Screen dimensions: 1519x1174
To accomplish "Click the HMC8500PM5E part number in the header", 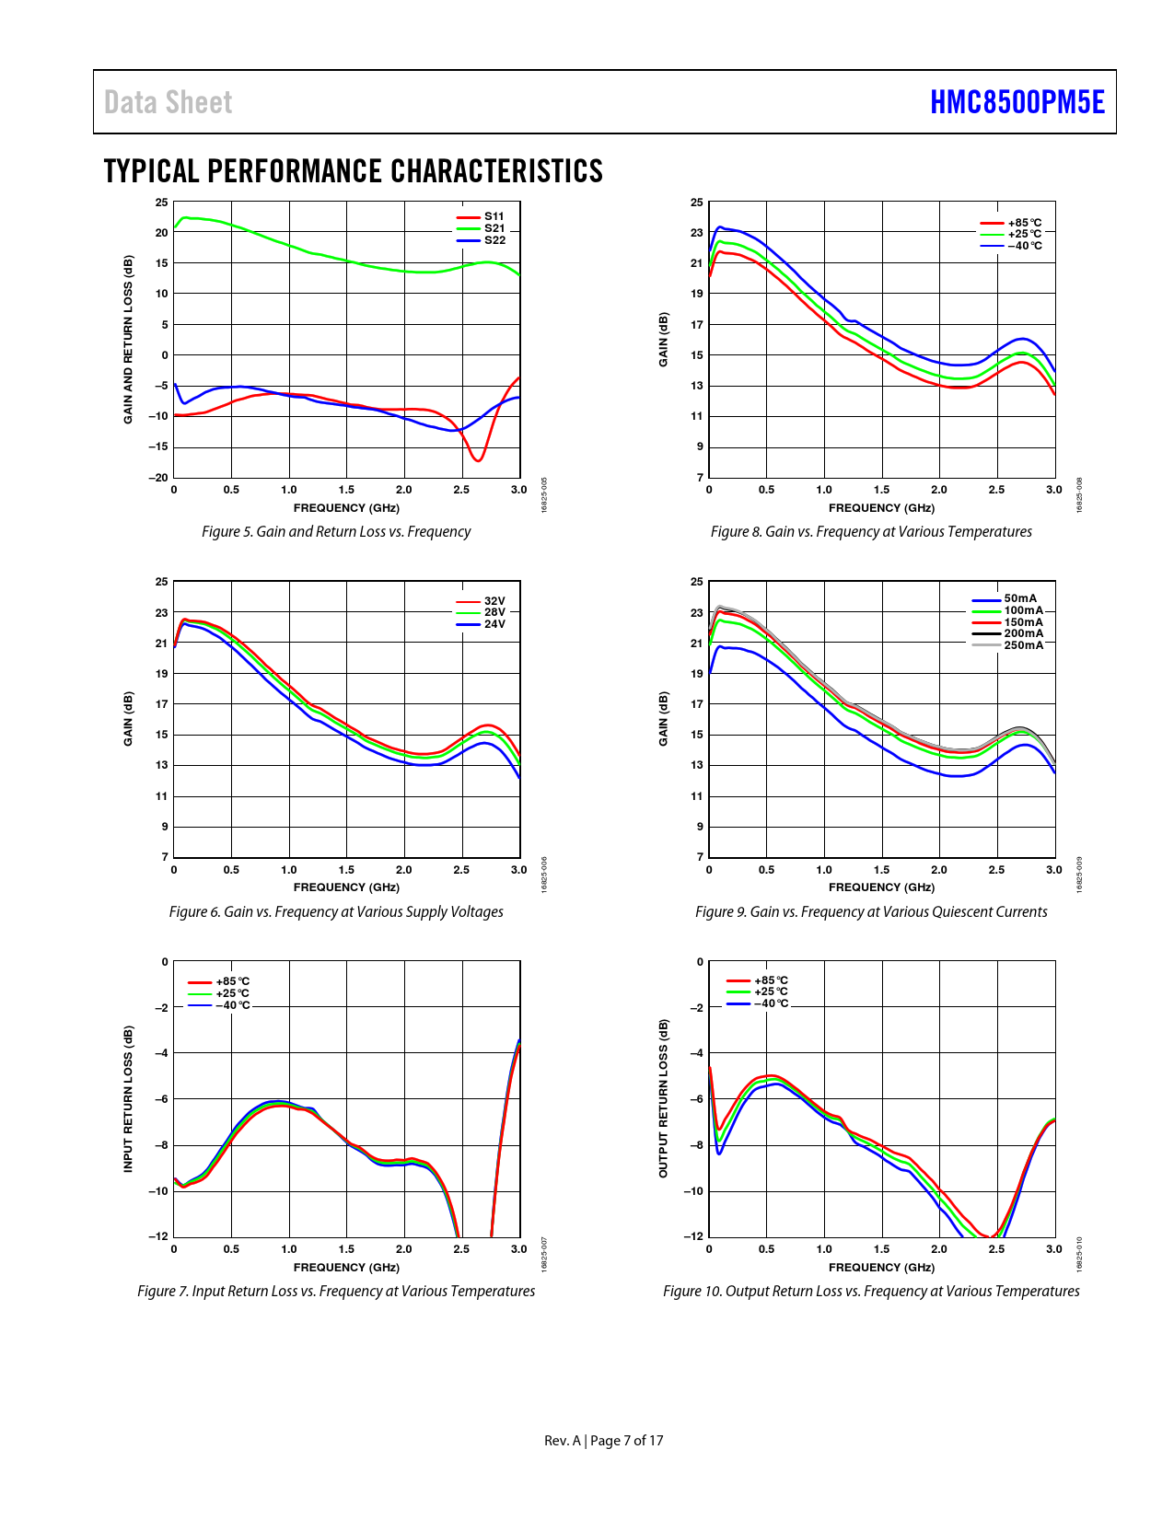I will [1017, 102].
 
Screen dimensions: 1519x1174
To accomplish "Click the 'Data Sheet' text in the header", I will [168, 102].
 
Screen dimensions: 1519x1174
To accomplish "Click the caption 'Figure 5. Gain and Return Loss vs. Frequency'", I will [336, 532].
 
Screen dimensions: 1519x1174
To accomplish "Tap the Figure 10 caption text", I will [871, 1292].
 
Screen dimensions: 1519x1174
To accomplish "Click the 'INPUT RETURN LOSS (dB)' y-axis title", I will [129, 1099].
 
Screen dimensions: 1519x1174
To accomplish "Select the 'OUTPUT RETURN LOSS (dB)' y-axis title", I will [663, 1098].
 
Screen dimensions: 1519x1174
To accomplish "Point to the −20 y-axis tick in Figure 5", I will [159, 478].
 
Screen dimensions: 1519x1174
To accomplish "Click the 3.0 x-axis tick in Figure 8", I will [1053, 490].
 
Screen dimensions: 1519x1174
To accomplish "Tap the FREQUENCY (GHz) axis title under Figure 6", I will [346, 887].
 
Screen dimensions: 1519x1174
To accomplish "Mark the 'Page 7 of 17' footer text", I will [626, 1441].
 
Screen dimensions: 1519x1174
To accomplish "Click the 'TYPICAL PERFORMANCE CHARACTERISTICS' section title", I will [354, 171].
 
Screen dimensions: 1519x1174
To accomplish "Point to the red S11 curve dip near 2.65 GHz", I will [477, 460].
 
